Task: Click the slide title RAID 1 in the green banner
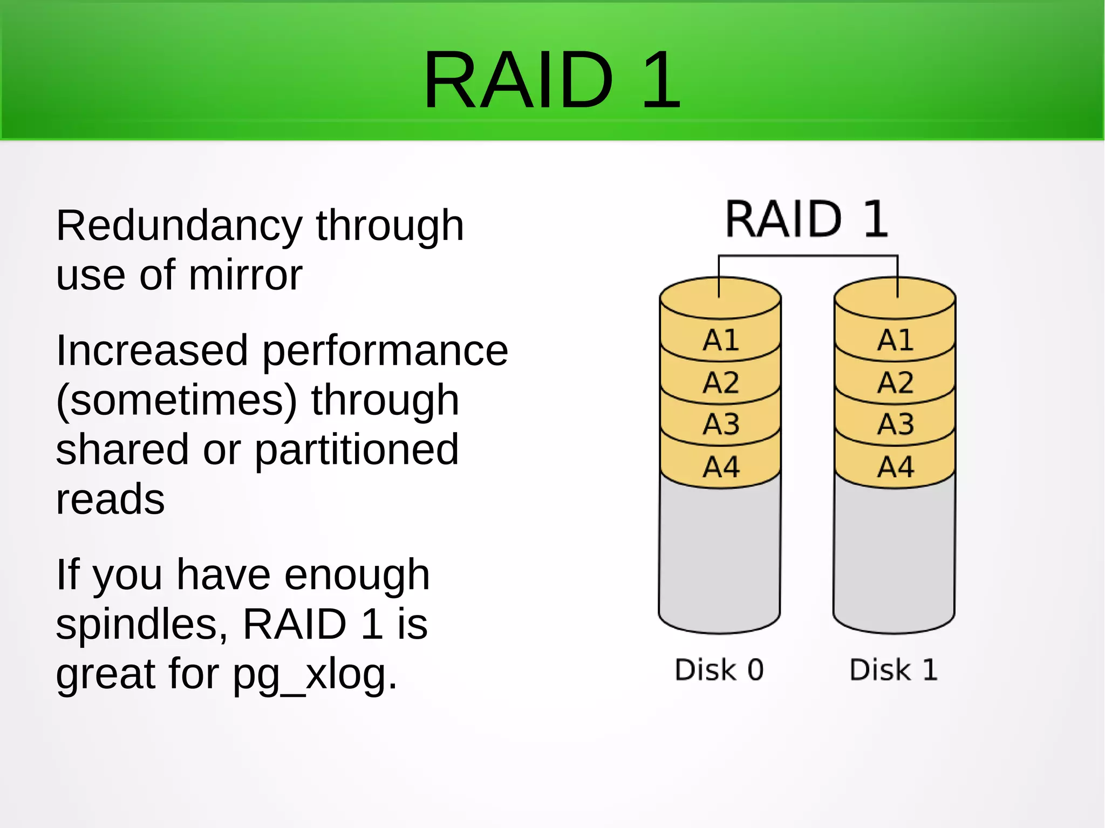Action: (x=551, y=80)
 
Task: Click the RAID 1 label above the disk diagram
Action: (x=806, y=219)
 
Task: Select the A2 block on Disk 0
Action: (x=720, y=383)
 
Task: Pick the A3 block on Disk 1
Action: (x=895, y=425)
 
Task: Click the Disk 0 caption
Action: (x=719, y=670)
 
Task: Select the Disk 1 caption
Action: (x=893, y=670)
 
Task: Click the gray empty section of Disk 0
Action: (x=719, y=556)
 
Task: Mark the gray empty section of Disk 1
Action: (x=894, y=556)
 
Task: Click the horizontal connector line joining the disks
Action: (x=808, y=256)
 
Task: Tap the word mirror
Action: (x=245, y=276)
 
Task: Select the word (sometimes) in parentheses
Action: (x=176, y=401)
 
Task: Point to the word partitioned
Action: (x=357, y=450)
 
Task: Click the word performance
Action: (x=385, y=351)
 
